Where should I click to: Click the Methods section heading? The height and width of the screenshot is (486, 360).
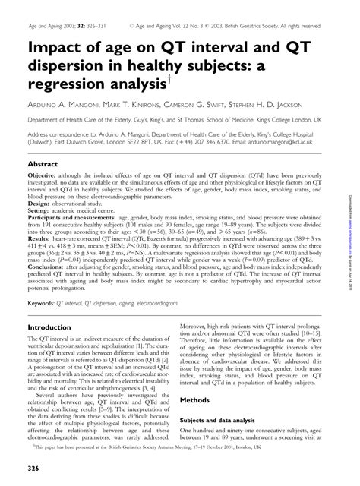199,399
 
